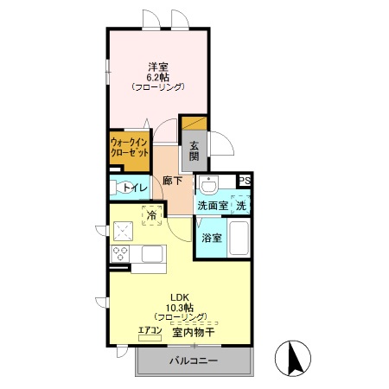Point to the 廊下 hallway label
pos(172,181)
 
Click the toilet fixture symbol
pos(115,188)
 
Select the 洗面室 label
pos(212,206)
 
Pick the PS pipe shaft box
pos(245,181)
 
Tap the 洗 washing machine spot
pos(243,206)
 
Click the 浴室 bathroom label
pos(211,237)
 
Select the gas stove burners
pos(119,252)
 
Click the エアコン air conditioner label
pos(150,330)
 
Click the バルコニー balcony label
pos(193,360)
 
